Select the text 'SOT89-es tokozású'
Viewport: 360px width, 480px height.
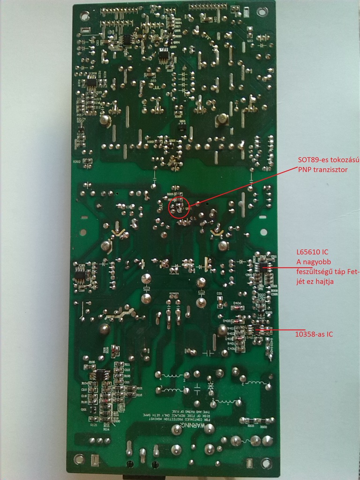(328, 160)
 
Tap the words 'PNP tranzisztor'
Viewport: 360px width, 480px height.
(322, 170)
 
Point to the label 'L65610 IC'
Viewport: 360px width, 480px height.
(312, 252)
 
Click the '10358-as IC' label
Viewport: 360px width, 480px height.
(314, 335)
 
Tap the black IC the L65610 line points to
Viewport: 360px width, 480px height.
(265, 269)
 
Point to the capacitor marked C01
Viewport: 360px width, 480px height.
(219, 294)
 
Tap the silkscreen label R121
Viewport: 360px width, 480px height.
(94, 425)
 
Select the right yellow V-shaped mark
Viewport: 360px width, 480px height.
(217, 232)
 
